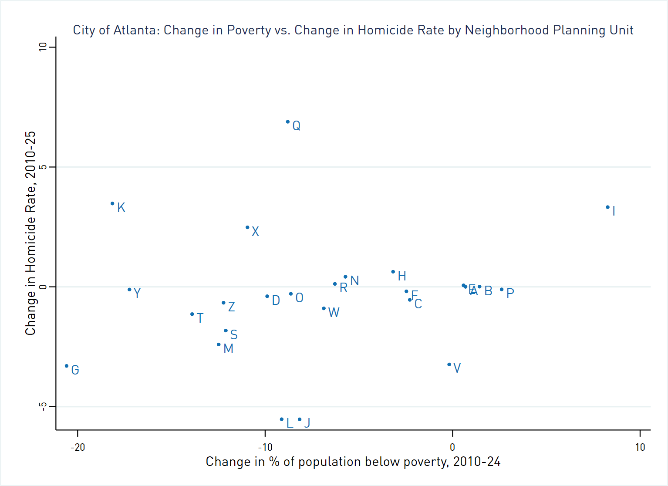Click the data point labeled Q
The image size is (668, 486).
(x=288, y=122)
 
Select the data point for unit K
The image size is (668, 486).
(x=112, y=204)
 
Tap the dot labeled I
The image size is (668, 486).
(x=608, y=207)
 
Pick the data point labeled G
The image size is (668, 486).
(x=67, y=366)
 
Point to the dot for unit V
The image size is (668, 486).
(x=449, y=364)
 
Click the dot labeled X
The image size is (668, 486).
(x=247, y=227)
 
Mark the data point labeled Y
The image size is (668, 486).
(x=129, y=290)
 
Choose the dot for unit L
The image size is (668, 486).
(x=282, y=419)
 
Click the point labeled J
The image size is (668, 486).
(x=300, y=419)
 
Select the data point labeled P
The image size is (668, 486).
(x=502, y=290)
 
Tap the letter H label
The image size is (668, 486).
(x=402, y=276)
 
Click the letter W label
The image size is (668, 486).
(x=334, y=313)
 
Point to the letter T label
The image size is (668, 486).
(x=200, y=318)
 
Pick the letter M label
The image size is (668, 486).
(x=228, y=349)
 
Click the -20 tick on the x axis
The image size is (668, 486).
(x=78, y=447)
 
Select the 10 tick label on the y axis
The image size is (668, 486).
(x=43, y=47)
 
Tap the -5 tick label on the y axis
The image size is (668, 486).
(x=43, y=407)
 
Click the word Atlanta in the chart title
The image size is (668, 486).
(x=136, y=30)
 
